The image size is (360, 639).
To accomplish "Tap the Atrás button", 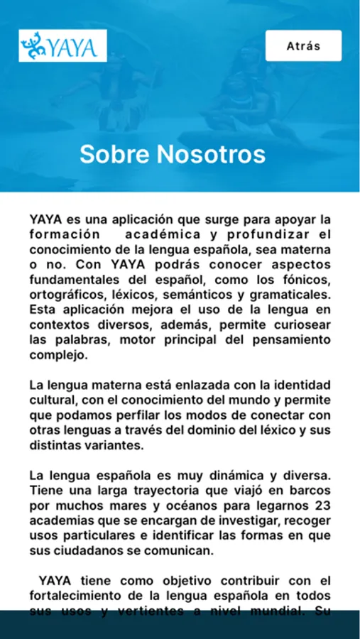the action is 303,46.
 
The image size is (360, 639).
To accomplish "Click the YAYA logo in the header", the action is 63,46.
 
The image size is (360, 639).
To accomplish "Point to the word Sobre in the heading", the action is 114,154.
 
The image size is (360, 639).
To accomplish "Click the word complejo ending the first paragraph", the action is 58,355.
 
